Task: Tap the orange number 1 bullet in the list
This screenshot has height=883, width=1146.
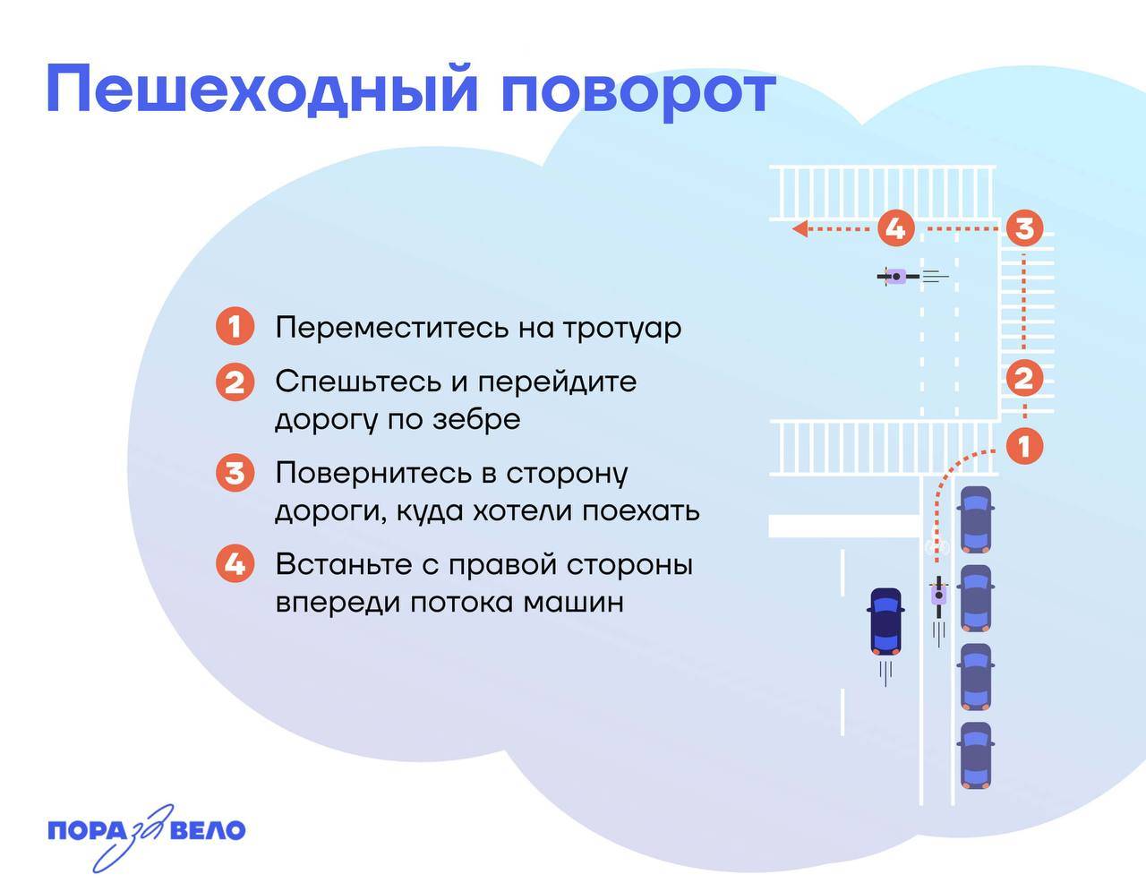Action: (235, 327)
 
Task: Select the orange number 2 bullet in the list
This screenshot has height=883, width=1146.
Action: (235, 382)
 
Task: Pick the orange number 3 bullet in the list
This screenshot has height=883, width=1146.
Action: (235, 472)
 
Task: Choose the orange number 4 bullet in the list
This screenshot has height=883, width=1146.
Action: (235, 564)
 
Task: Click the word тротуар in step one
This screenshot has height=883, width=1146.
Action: (621, 328)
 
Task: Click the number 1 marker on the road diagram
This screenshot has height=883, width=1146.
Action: (1024, 445)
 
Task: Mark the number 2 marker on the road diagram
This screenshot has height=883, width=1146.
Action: (1023, 378)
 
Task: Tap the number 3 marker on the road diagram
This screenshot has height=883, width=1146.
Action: (1023, 228)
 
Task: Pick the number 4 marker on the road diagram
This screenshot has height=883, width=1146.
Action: (894, 228)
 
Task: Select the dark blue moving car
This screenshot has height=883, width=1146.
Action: (885, 620)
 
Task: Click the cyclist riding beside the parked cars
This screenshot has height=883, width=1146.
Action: (938, 596)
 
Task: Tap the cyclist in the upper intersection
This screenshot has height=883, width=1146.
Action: (896, 277)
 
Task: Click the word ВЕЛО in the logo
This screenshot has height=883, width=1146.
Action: (207, 830)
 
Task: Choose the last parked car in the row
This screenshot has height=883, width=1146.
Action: (975, 755)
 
